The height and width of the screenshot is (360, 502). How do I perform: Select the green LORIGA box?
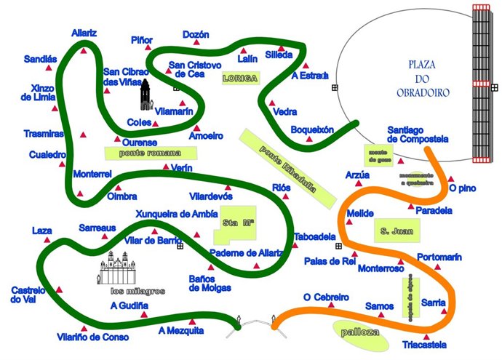pos(241,78)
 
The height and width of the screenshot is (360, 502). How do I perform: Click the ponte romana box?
pos(152,153)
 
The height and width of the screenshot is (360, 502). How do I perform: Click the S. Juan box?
pos(397,231)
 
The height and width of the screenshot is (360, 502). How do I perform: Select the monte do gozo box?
pos(378,154)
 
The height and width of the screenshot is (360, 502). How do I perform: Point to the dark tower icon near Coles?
pos(146,94)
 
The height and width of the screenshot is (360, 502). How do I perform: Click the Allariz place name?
pos(84,33)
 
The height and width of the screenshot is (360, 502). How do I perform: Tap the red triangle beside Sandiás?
pos(49,68)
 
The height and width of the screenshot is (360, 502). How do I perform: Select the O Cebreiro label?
pos(326,297)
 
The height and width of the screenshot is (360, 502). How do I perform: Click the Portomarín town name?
pos(439,257)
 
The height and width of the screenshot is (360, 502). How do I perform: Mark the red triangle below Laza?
pos(42,241)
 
